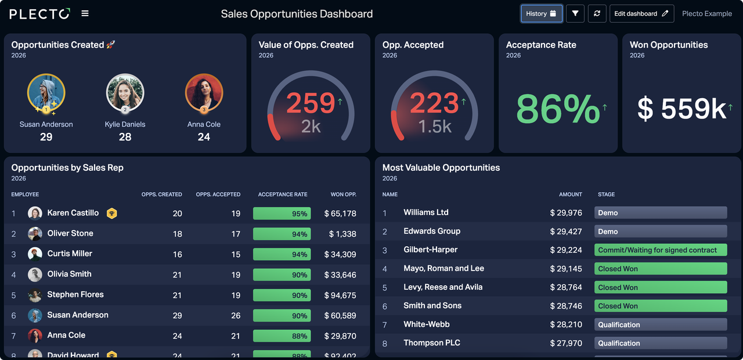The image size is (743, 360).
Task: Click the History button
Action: [x=541, y=13]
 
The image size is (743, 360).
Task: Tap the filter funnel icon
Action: [x=575, y=13]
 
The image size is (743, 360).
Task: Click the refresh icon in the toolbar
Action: [x=597, y=13]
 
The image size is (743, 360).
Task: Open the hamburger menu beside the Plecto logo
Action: [x=85, y=13]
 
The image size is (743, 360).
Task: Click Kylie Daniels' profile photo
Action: [x=125, y=92]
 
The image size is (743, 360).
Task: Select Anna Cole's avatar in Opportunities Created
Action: [x=204, y=92]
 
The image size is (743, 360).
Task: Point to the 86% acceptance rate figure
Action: [x=557, y=109]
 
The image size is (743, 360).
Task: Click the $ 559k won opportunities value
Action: [x=681, y=109]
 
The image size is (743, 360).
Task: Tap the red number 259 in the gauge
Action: [x=310, y=104]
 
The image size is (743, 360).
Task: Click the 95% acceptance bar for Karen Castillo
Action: [x=282, y=214]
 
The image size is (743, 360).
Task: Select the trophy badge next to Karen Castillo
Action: [x=111, y=214]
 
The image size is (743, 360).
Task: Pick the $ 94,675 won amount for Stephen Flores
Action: [x=340, y=295]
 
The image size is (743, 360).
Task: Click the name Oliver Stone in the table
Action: [x=70, y=233]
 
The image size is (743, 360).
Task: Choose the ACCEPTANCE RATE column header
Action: [x=283, y=195]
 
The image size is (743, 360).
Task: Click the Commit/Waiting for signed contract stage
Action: [x=661, y=250]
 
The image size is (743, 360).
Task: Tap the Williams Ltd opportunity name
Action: [x=426, y=213]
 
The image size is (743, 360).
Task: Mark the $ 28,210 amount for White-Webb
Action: [x=566, y=325]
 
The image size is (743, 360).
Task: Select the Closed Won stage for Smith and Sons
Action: [x=661, y=306]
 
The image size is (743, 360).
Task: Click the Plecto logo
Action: [x=39, y=13]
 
